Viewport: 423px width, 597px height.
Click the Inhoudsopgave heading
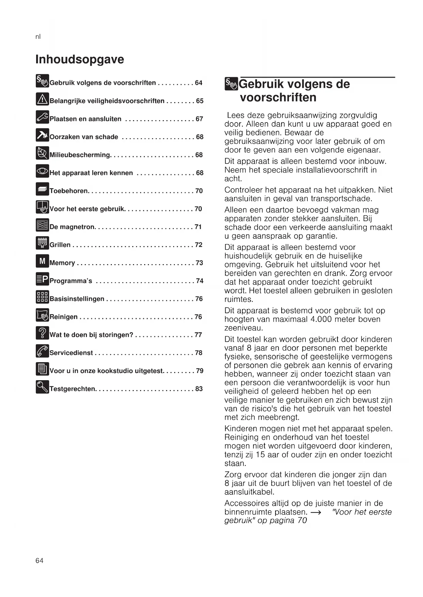click(x=80, y=59)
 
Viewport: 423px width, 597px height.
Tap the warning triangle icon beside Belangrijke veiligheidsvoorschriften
click(x=42, y=99)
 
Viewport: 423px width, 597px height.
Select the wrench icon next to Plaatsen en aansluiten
click(x=42, y=117)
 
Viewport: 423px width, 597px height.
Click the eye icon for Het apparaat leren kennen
click(x=42, y=171)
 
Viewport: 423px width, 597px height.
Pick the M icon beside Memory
click(x=42, y=261)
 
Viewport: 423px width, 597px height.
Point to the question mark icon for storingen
click(x=42, y=333)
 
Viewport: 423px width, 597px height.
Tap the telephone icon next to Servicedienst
click(x=42, y=351)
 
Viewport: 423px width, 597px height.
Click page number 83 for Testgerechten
click(x=199, y=389)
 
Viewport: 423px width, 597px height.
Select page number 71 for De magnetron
click(x=198, y=227)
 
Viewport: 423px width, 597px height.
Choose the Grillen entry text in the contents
click(x=60, y=245)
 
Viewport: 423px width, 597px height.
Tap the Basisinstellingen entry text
click(x=77, y=299)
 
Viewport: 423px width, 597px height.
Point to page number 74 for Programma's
click(x=200, y=281)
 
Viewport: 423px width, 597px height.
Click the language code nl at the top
click(x=38, y=37)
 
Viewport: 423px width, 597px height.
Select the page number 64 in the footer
click(x=39, y=561)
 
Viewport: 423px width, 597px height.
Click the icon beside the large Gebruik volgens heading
click(x=231, y=84)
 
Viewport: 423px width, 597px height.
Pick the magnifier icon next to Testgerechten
click(x=42, y=387)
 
